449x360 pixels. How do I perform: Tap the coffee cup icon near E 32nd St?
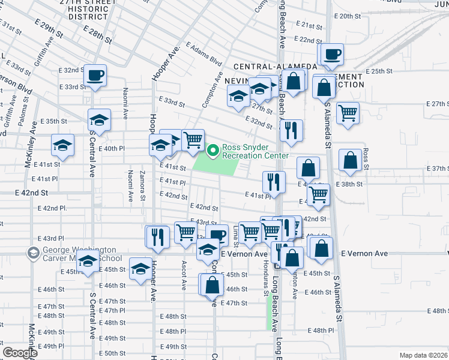click(x=95, y=76)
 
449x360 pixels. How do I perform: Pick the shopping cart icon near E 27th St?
click(x=348, y=112)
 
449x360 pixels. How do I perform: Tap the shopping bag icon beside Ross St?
click(x=350, y=161)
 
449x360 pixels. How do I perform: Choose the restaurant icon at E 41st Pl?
click(x=274, y=181)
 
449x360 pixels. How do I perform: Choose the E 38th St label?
click(x=350, y=184)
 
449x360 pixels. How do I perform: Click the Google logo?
click(x=20, y=352)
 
